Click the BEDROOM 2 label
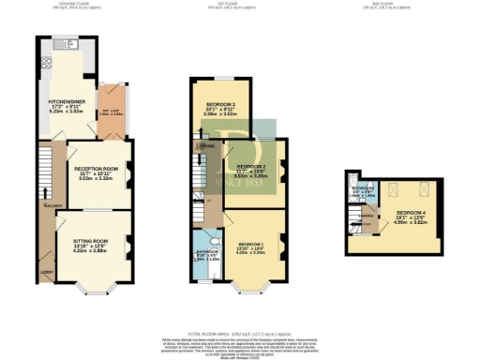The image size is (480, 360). pyautogui.click(x=239, y=166)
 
